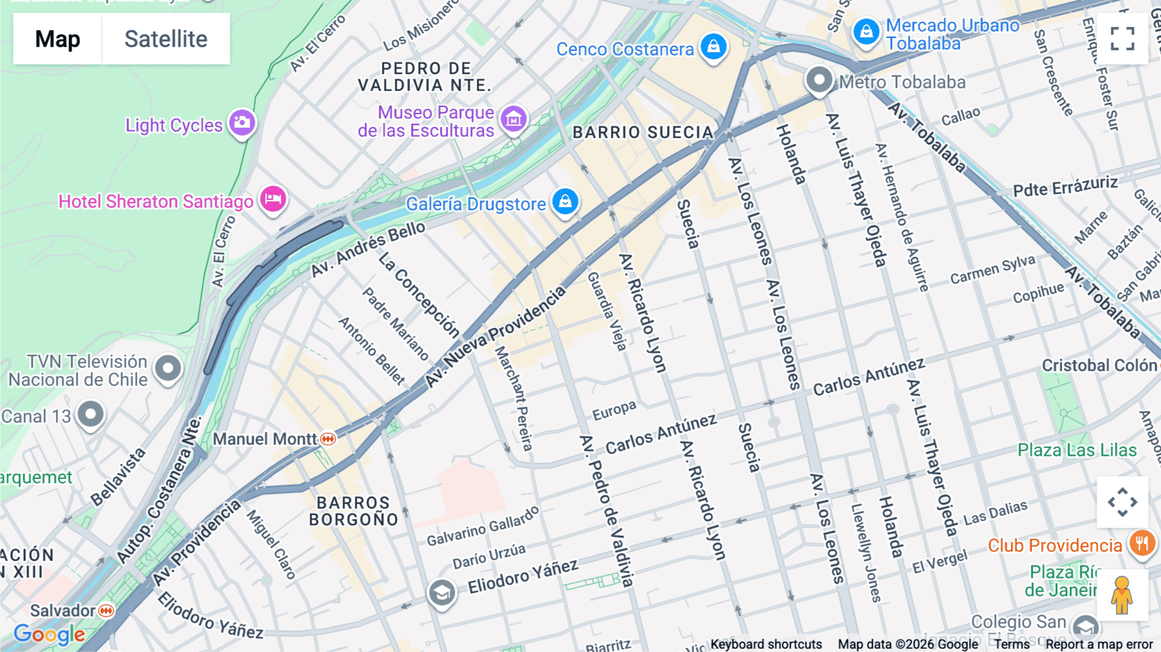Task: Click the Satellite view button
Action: pos(166,39)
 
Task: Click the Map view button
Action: pos(57,39)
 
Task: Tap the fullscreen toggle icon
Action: pos(1122,39)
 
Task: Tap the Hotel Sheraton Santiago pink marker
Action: pos(273,199)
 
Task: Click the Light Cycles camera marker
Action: pos(243,122)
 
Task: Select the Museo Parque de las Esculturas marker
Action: pos(514,119)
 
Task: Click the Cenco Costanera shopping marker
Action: pos(713,46)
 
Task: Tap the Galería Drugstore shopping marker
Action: pos(566,201)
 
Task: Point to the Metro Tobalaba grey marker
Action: pos(819,80)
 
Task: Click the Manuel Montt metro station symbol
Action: pos(328,439)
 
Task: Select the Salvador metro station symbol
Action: pos(106,610)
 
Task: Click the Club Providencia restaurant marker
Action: pos(1142,543)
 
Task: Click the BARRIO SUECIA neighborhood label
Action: pos(642,132)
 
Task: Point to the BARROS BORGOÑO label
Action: pos(353,511)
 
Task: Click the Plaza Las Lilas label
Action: pos(1077,450)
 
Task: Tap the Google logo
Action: pos(49,635)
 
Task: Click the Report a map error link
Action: pos(1098,644)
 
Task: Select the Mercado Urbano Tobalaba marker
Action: pos(866,31)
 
